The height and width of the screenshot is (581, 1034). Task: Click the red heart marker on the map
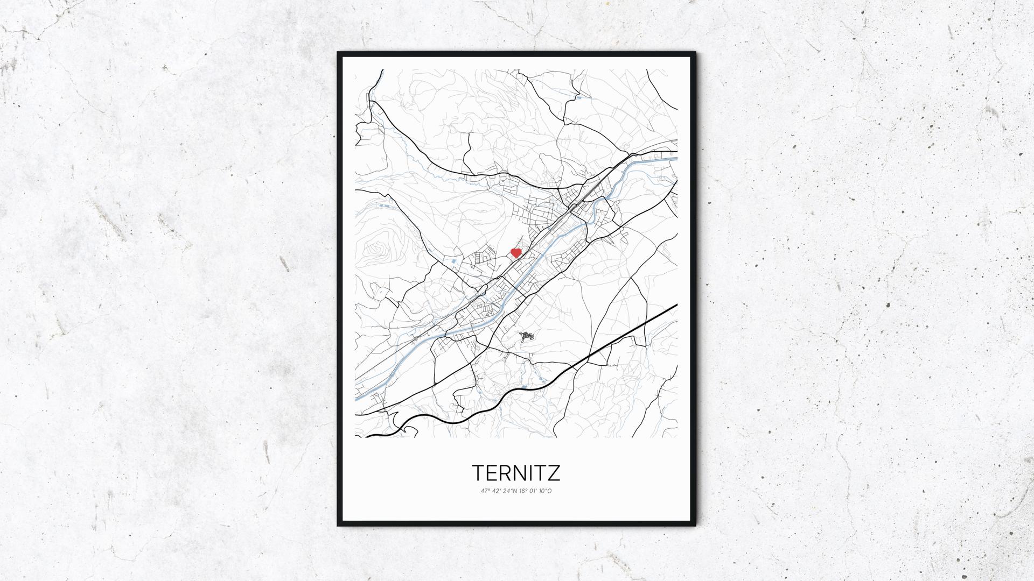516,252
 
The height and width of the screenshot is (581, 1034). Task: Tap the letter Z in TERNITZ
554,473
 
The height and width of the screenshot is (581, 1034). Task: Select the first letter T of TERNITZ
479,473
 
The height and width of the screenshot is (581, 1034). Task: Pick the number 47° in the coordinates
485,491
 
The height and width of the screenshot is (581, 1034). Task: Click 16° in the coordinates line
521,491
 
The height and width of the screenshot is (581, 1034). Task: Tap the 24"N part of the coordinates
508,491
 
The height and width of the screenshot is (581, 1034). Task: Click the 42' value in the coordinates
495,491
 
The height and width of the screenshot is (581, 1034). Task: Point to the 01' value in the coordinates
533,491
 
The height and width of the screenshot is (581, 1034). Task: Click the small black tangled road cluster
526,337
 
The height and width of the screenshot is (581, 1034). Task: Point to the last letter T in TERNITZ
541,473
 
